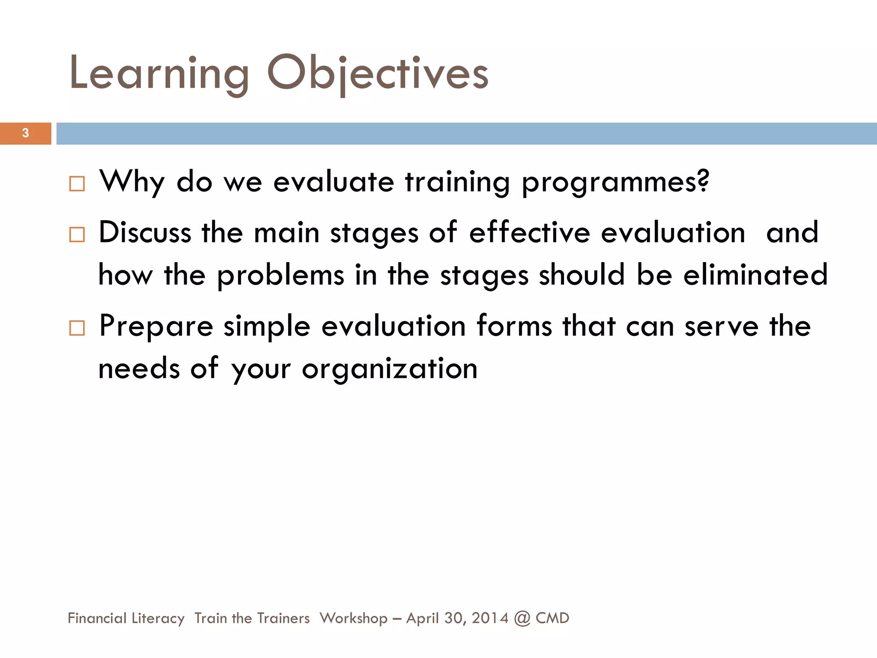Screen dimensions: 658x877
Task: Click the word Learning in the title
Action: (158, 74)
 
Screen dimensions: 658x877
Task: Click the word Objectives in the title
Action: (378, 74)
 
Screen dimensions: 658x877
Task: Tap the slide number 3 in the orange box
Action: (25, 133)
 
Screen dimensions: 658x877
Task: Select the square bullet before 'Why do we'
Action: (77, 184)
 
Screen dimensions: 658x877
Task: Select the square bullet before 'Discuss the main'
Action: (77, 235)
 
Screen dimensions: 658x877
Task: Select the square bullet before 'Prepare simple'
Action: (77, 329)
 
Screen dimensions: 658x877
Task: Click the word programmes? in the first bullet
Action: (615, 182)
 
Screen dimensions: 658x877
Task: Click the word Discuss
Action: (145, 233)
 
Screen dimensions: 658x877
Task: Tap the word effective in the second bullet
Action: (529, 233)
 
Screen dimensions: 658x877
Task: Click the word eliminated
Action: (755, 275)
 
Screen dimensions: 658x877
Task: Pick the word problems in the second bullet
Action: (280, 275)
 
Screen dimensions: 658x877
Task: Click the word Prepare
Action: (156, 326)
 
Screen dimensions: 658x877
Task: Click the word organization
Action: (390, 369)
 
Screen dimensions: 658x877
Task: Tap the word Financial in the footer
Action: (97, 618)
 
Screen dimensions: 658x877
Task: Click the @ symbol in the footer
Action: (522, 619)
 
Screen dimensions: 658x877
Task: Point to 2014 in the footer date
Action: (490, 618)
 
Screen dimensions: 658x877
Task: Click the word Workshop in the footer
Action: (353, 618)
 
